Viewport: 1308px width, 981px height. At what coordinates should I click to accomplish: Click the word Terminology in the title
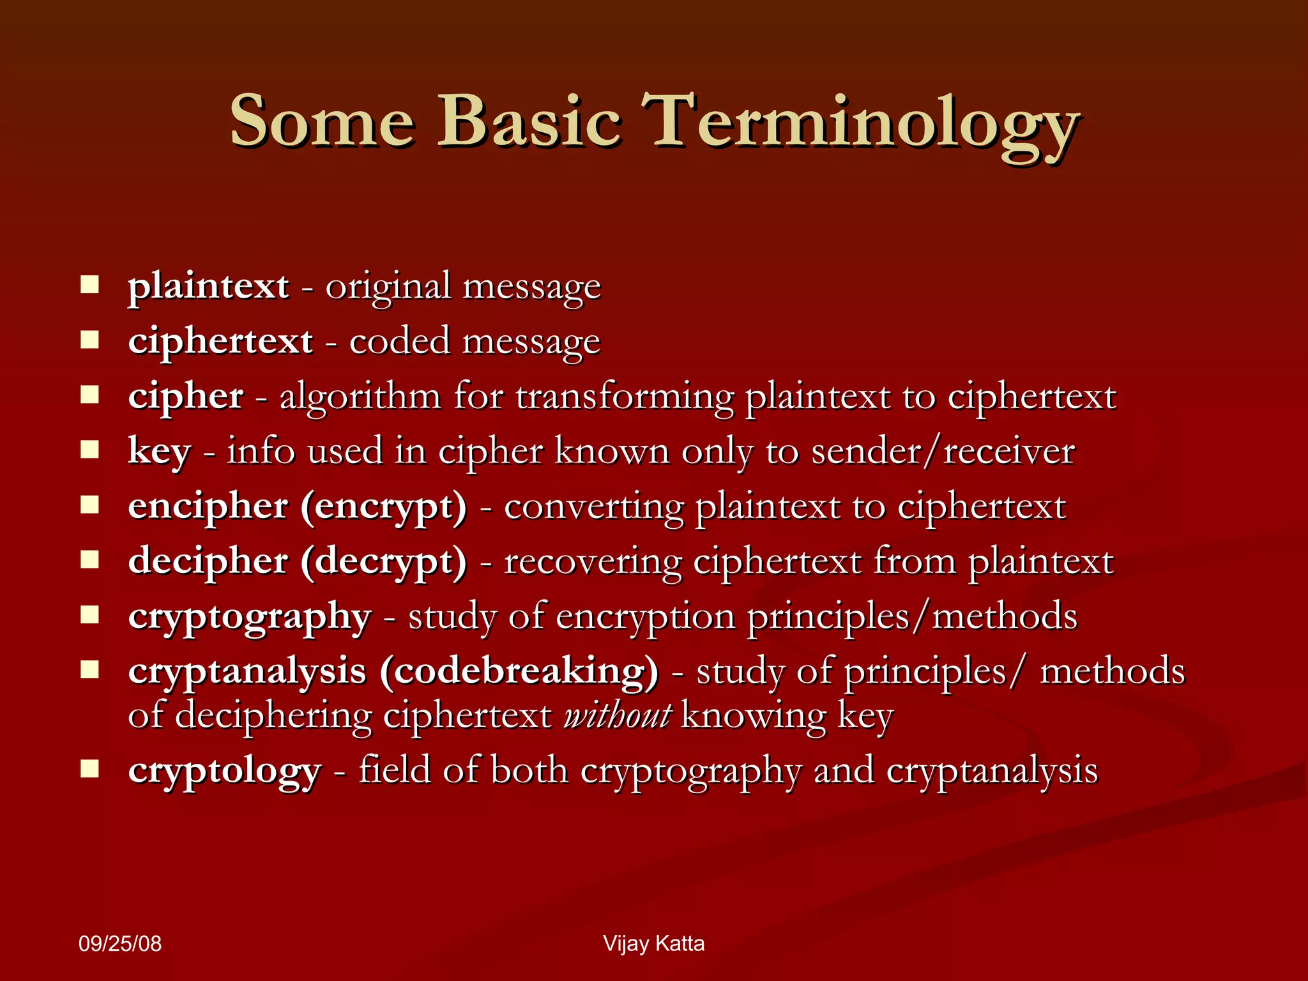(x=860, y=123)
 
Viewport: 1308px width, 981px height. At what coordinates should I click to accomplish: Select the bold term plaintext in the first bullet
(x=208, y=287)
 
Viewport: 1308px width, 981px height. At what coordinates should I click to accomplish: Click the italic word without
(x=617, y=715)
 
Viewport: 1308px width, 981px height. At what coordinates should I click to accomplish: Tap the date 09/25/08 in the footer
(x=120, y=944)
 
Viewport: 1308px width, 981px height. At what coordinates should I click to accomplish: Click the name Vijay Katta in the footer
(x=653, y=944)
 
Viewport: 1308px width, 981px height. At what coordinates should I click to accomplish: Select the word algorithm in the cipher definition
(x=360, y=397)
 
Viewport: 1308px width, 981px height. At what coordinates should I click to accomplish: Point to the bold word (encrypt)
(x=384, y=508)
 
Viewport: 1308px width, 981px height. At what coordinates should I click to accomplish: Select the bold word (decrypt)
(x=384, y=563)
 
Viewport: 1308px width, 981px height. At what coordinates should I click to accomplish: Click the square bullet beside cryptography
(x=90, y=615)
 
